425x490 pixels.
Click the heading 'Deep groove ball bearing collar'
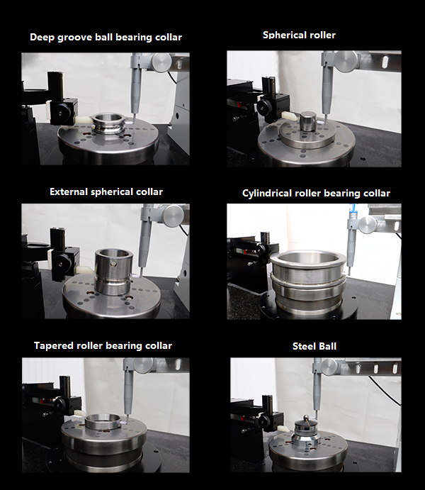click(106, 37)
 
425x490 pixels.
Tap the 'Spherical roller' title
click(299, 35)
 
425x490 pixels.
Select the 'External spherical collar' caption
click(106, 191)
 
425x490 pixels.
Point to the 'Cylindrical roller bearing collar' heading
click(316, 193)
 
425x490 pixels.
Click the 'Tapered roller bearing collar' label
click(103, 345)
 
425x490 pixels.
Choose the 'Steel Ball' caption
click(314, 346)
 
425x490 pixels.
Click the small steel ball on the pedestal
click(306, 418)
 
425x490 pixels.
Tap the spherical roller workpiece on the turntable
click(308, 121)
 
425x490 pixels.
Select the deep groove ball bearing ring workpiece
click(108, 123)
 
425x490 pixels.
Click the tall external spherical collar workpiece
click(113, 272)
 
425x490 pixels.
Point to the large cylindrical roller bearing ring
click(307, 282)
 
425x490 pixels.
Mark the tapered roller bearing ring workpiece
click(103, 421)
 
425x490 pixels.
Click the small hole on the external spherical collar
click(114, 264)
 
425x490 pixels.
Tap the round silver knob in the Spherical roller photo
click(346, 62)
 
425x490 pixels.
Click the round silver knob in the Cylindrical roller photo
click(368, 225)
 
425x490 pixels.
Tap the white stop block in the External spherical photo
click(84, 270)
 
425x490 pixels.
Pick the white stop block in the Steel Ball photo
click(284, 429)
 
